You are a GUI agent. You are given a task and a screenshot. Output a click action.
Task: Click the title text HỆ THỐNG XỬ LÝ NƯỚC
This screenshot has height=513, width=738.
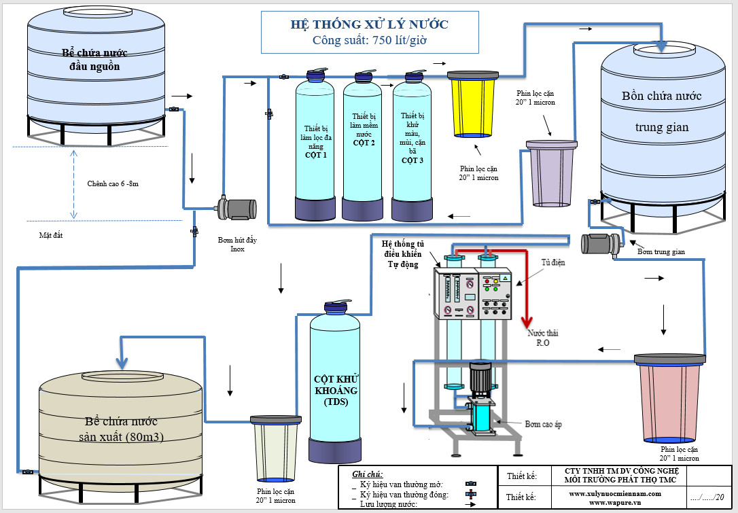point(369,24)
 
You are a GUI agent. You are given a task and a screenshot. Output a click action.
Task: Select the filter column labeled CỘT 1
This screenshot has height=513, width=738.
point(315,146)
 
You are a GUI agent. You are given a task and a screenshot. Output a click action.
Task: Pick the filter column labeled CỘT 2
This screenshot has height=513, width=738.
point(363,146)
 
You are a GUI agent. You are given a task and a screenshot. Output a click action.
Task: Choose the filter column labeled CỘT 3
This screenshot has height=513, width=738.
point(412,146)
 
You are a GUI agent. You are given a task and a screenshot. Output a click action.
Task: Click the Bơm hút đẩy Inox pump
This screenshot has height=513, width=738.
point(235,209)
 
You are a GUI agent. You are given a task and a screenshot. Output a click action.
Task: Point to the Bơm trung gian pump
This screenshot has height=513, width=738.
point(601,242)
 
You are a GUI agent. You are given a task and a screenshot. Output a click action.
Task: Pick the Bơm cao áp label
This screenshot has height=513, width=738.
point(542,424)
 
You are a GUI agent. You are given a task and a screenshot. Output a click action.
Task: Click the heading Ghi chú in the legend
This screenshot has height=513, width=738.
point(368,474)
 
